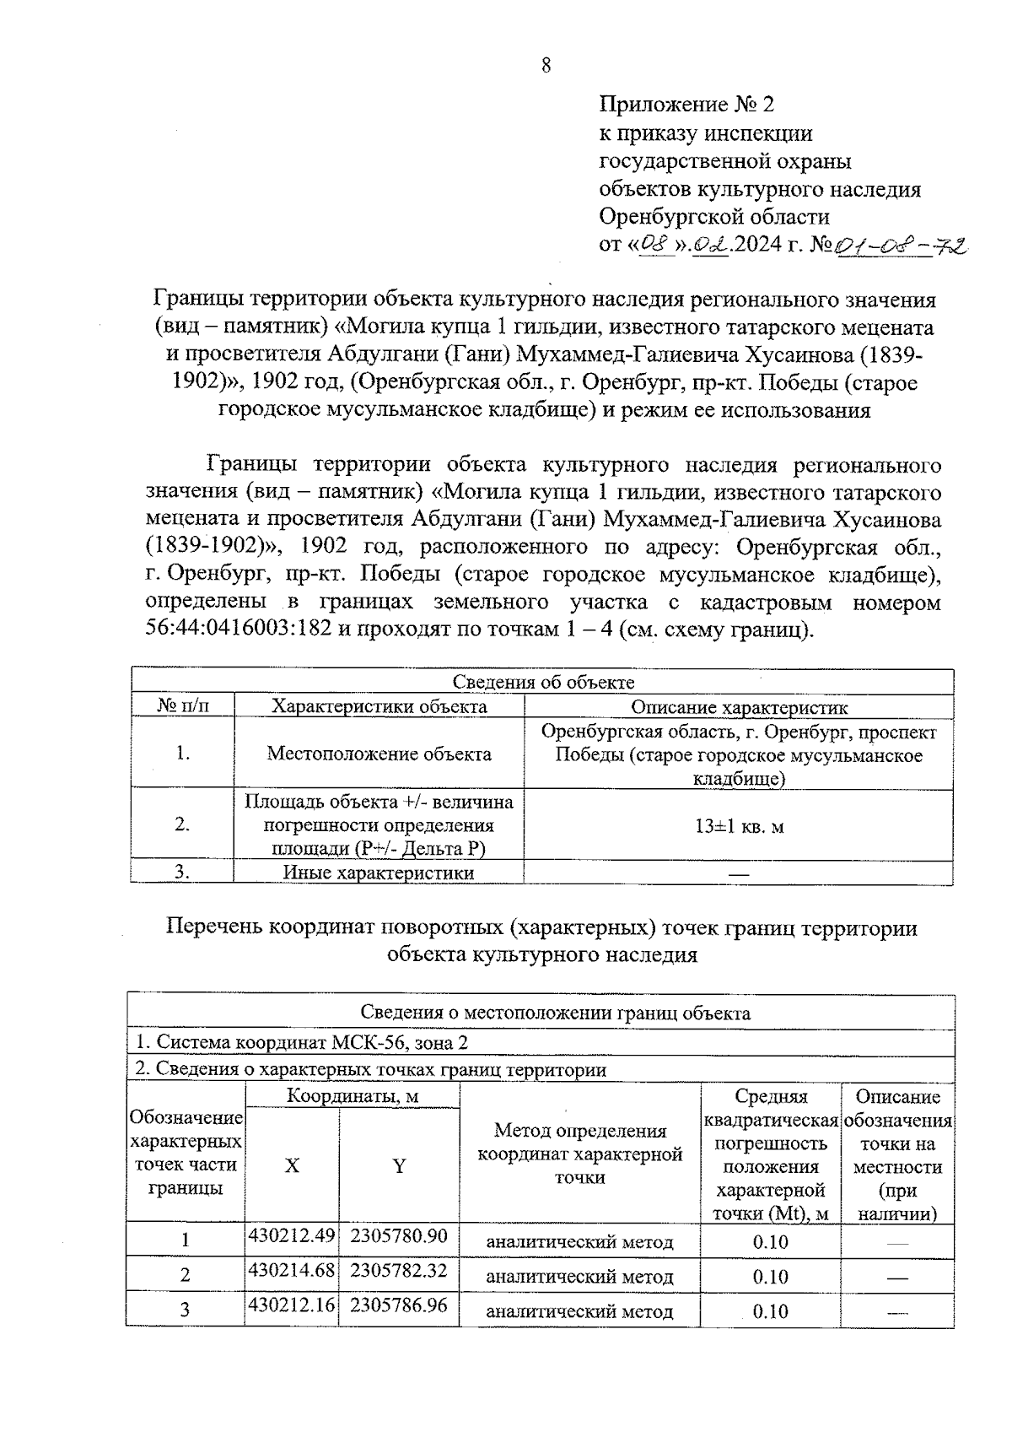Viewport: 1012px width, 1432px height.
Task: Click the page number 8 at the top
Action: pyautogui.click(x=546, y=66)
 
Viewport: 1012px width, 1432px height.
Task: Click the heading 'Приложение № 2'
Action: pyautogui.click(x=686, y=105)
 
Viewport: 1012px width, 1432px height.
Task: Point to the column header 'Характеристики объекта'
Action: pyautogui.click(x=379, y=706)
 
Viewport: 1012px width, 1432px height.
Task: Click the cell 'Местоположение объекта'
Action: pyautogui.click(x=379, y=754)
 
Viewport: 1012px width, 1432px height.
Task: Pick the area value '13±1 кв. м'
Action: pyautogui.click(x=739, y=826)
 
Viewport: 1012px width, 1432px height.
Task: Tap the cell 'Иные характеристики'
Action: pyautogui.click(x=379, y=873)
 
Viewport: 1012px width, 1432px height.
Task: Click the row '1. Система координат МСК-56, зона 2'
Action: pyautogui.click(x=301, y=1042)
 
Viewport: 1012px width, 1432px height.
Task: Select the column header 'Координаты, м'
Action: pyautogui.click(x=353, y=1096)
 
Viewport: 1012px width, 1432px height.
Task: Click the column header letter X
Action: pyautogui.click(x=292, y=1166)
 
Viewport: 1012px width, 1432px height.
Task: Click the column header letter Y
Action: pyautogui.click(x=399, y=1166)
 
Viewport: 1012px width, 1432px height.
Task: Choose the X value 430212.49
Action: pyautogui.click(x=292, y=1236)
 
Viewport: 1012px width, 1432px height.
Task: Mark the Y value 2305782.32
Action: pyautogui.click(x=399, y=1270)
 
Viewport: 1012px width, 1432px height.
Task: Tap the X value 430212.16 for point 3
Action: pyautogui.click(x=292, y=1305)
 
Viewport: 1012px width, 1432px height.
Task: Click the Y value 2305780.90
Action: pyautogui.click(x=399, y=1236)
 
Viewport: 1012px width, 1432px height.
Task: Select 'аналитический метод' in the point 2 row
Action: pyautogui.click(x=580, y=1277)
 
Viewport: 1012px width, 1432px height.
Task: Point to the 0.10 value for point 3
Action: pyautogui.click(x=770, y=1311)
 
